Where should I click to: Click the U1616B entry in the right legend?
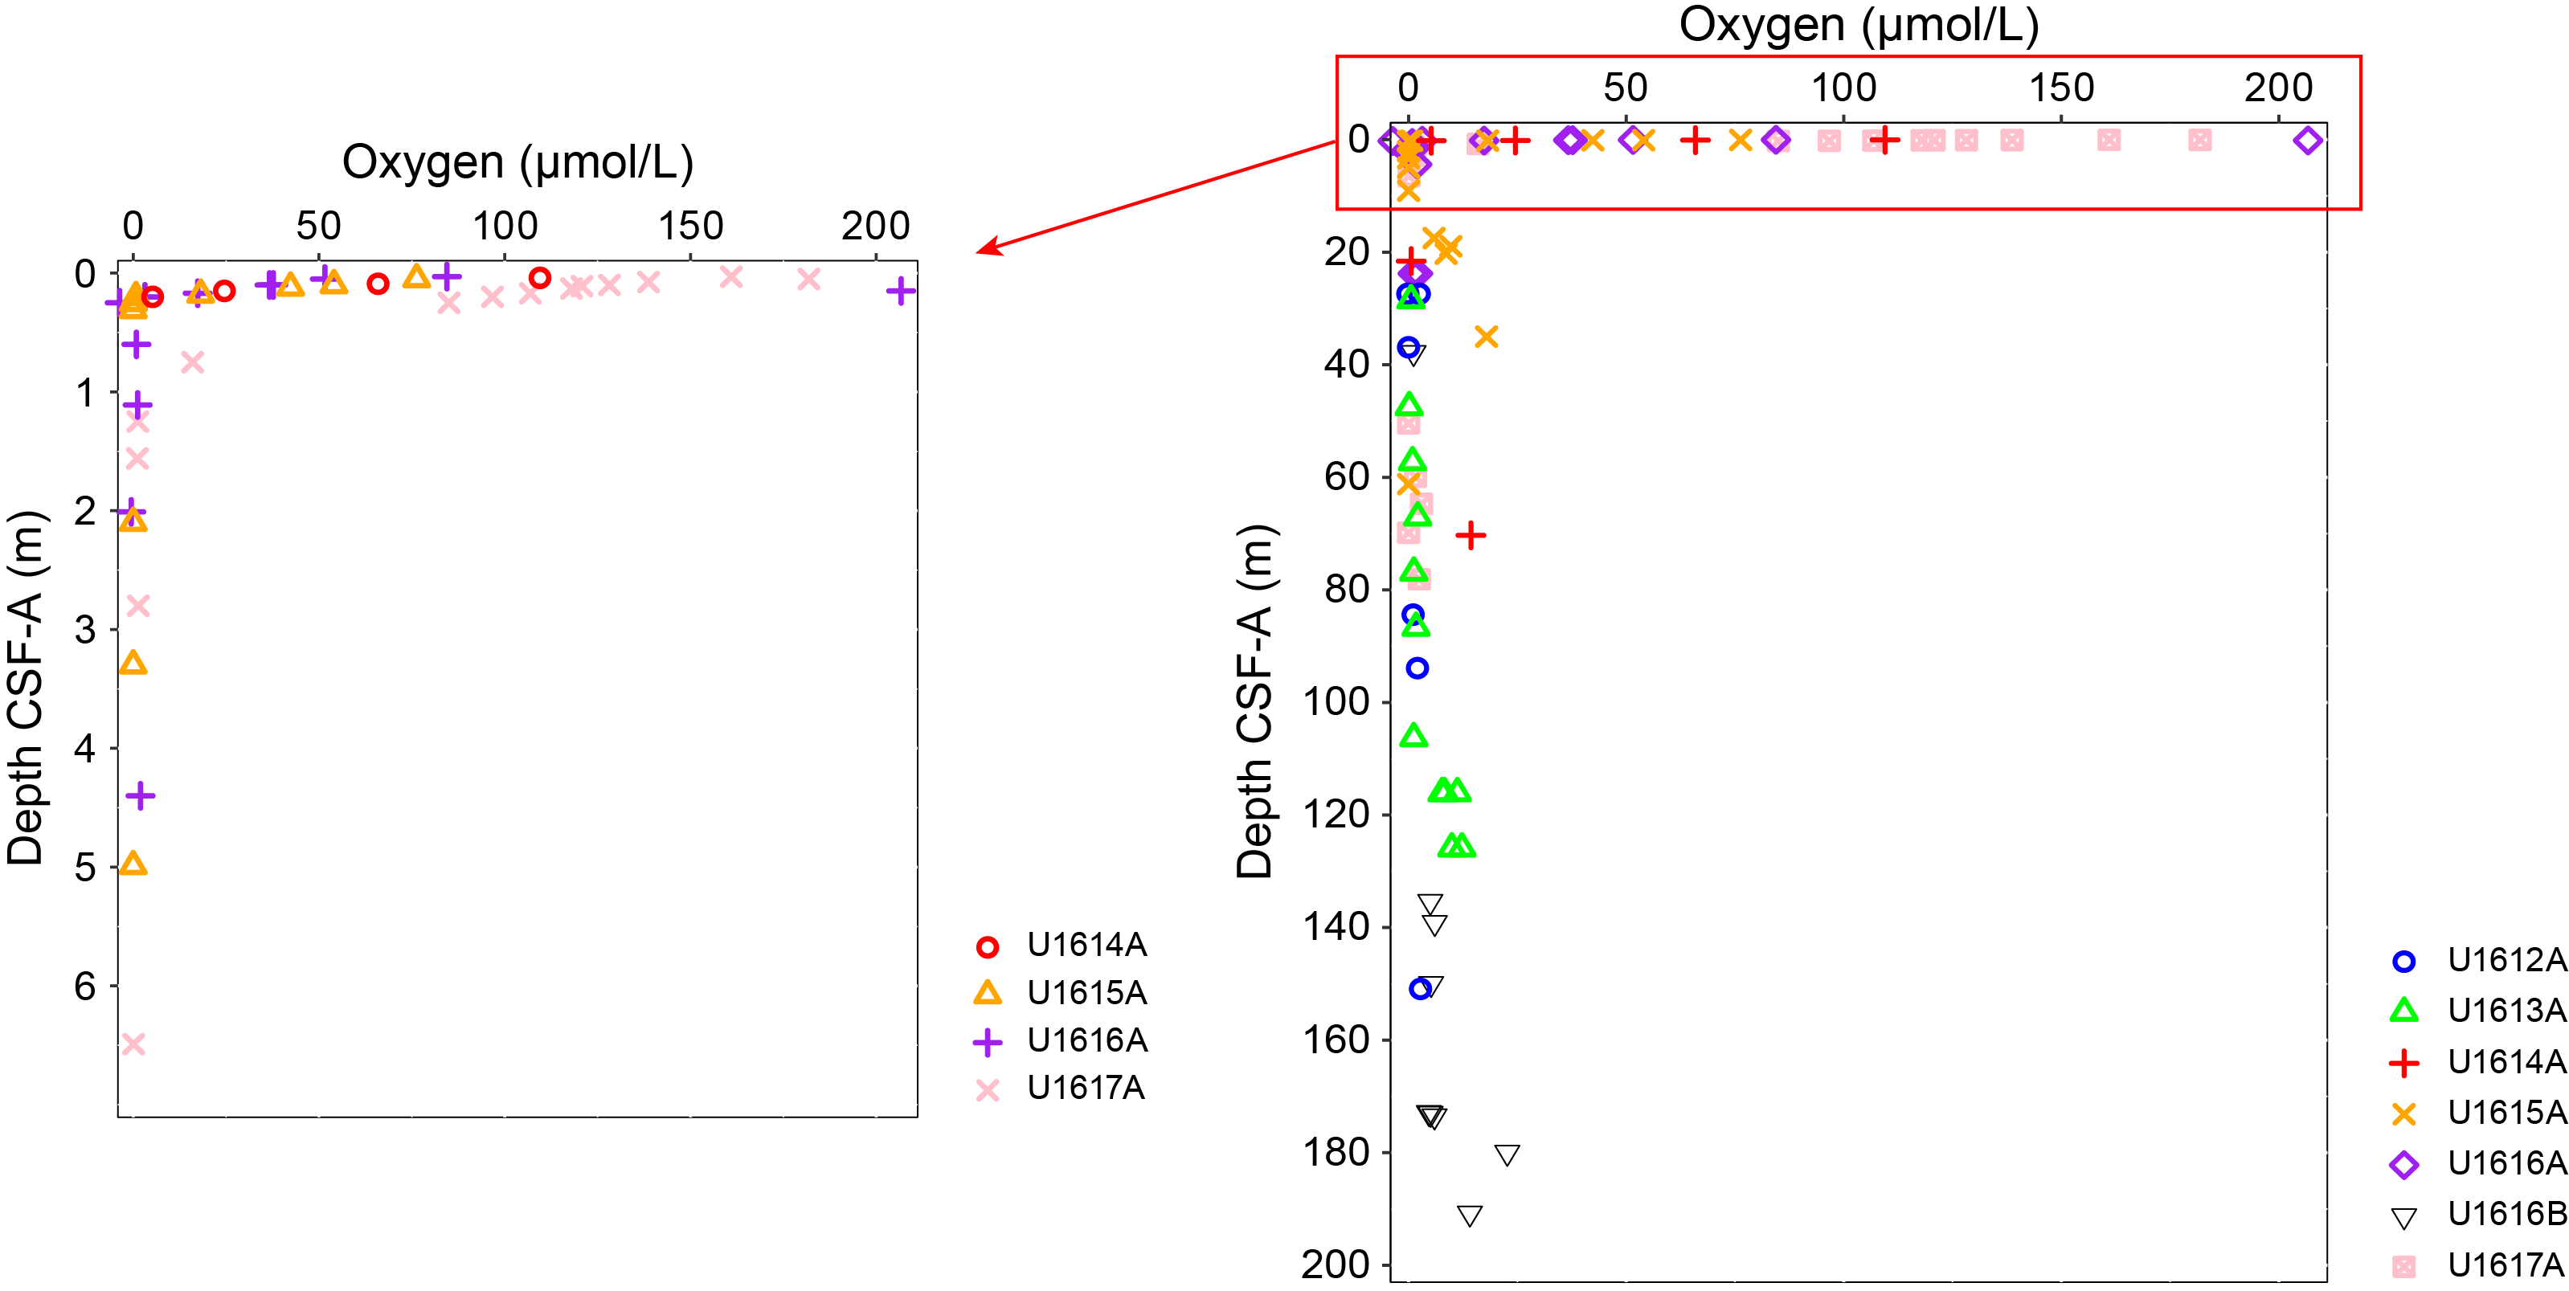(2506, 1213)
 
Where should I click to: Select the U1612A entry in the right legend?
(2506, 960)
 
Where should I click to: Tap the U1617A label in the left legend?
(1085, 1088)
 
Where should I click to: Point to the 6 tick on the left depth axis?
(86, 986)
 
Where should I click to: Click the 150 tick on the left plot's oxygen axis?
(690, 227)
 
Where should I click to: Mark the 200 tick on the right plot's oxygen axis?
(2278, 88)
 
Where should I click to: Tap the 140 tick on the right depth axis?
(1336, 927)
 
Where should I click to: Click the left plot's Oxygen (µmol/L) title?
(517, 161)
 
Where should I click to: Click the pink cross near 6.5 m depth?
(133, 1044)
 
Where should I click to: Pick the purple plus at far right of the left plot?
(901, 291)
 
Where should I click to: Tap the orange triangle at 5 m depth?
(133, 864)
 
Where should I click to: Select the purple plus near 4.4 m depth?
(141, 795)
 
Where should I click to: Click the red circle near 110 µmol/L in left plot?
(539, 278)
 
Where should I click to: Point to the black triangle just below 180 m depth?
(1507, 1154)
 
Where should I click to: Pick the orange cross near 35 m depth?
(1486, 337)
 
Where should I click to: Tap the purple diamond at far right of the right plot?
(2308, 141)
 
